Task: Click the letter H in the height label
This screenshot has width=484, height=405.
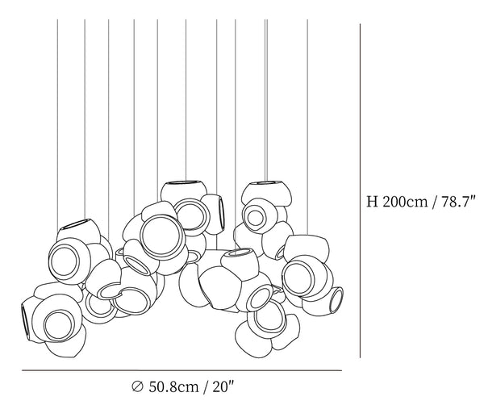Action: click(x=372, y=202)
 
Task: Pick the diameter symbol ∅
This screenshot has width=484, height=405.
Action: click(x=137, y=386)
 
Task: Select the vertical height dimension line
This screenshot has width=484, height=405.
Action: click(x=360, y=190)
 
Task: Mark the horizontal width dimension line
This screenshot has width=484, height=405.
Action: click(x=181, y=370)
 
